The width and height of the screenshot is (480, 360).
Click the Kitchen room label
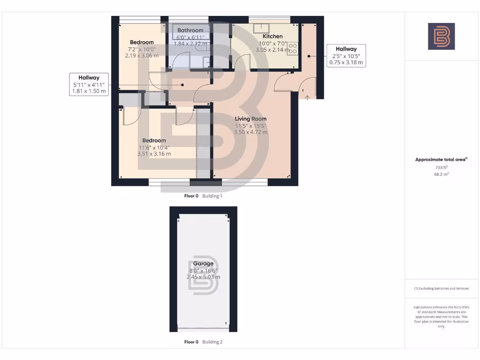click(x=272, y=36)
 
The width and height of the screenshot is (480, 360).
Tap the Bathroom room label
click(x=190, y=30)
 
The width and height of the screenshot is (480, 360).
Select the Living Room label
click(x=251, y=119)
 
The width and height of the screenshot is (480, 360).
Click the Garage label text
click(x=203, y=263)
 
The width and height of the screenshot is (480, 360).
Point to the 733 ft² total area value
click(x=441, y=167)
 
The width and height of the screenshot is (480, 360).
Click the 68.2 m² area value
click(x=441, y=174)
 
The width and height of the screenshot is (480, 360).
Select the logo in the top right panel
click(x=441, y=37)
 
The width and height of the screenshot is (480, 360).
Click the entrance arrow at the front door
click(x=307, y=97)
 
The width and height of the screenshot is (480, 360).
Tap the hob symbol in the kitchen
click(x=293, y=48)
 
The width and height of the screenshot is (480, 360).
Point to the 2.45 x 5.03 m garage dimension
click(x=203, y=277)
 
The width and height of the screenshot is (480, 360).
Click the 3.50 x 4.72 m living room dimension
click(x=251, y=132)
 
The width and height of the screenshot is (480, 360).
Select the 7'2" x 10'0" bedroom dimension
click(x=142, y=49)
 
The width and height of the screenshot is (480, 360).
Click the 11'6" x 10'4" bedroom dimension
click(x=154, y=147)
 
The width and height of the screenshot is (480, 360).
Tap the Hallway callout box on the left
click(x=89, y=84)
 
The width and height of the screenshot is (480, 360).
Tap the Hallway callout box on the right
click(x=346, y=55)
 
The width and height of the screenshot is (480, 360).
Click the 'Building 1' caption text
click(x=212, y=196)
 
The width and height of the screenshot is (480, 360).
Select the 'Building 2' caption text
click(x=212, y=342)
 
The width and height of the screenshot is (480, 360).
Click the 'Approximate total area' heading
click(x=441, y=159)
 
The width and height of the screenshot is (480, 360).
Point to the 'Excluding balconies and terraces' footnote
click(x=441, y=288)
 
